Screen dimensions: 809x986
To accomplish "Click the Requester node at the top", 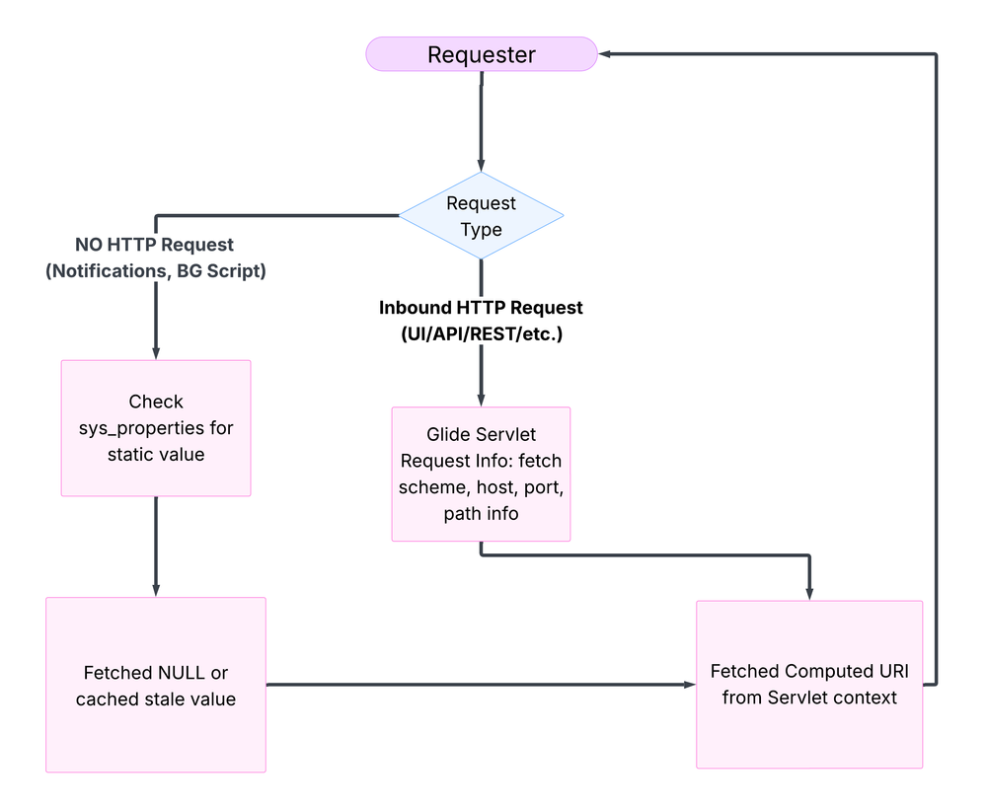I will coord(481,54).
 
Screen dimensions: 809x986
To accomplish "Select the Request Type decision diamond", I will coord(481,215).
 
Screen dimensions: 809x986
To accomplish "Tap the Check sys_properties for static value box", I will coord(156,427).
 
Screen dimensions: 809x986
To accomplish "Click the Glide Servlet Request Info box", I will coord(481,474).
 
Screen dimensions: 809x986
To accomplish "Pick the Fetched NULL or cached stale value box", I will coord(156,685).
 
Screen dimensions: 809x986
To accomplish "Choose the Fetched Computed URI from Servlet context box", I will coord(809,684).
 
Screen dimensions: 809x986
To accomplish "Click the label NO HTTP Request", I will coord(155,244).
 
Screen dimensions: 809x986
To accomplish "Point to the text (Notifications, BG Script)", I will coord(156,270).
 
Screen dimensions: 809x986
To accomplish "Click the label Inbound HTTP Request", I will coord(481,308).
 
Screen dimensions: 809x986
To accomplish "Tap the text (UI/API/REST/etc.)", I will coord(481,333).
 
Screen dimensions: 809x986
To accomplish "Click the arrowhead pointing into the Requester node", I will coord(606,54).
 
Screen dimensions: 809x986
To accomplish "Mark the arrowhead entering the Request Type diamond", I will coord(481,166).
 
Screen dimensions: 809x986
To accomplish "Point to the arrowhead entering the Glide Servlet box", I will coord(481,400).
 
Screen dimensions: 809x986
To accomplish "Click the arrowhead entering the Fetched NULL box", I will coord(156,590).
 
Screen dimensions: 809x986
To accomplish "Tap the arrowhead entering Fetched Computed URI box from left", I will coord(689,684).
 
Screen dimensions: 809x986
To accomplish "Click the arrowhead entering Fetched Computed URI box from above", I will coord(809,593).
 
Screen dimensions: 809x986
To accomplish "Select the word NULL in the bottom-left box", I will coord(182,673).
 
